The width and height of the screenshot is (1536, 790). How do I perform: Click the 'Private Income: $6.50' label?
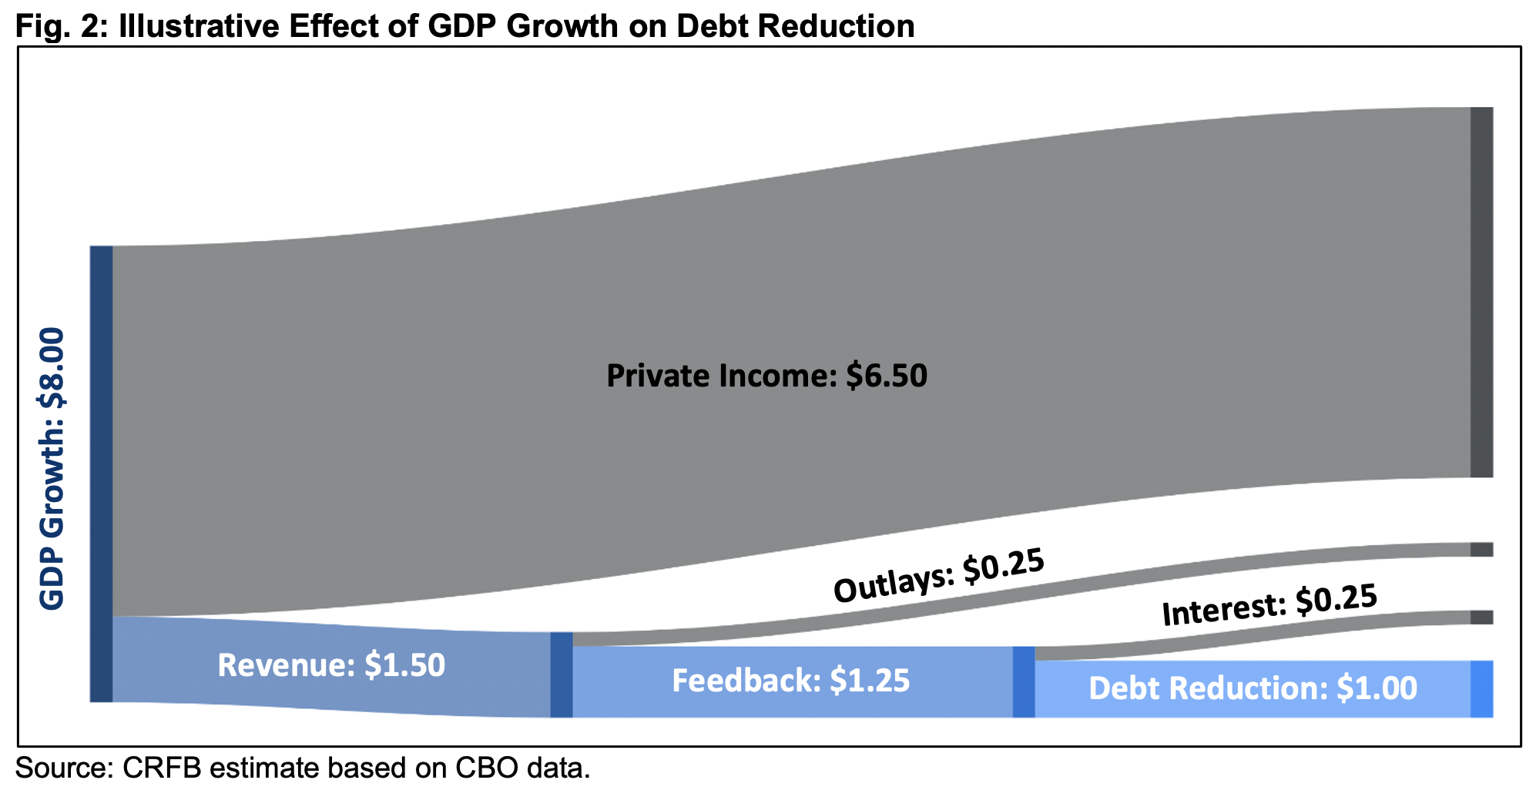coord(766,376)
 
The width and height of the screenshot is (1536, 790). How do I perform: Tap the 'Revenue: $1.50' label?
coord(331,665)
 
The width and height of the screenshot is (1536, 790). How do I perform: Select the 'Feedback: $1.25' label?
coord(791,681)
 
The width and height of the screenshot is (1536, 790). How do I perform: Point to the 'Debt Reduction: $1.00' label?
coord(1253,688)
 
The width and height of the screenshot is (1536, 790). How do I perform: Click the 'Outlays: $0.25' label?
coord(939,576)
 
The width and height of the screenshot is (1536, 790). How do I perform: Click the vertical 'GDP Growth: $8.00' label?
coord(52,469)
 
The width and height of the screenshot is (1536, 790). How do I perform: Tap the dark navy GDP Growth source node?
coord(102,474)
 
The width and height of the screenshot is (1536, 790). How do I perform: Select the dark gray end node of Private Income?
coord(1481,292)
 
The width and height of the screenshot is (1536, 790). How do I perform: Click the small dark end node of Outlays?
coord(1481,549)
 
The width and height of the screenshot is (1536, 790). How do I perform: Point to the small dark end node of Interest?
coord(1481,617)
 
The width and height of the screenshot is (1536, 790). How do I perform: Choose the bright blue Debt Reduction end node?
coord(1481,689)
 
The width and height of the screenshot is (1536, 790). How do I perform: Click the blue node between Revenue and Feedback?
coord(562,675)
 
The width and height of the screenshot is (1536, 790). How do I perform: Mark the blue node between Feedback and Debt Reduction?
coord(1023,682)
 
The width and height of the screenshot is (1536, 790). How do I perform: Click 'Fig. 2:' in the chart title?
coord(57,26)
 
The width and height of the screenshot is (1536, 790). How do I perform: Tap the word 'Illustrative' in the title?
coord(184,26)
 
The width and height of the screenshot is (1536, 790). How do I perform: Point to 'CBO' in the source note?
coord(485,768)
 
